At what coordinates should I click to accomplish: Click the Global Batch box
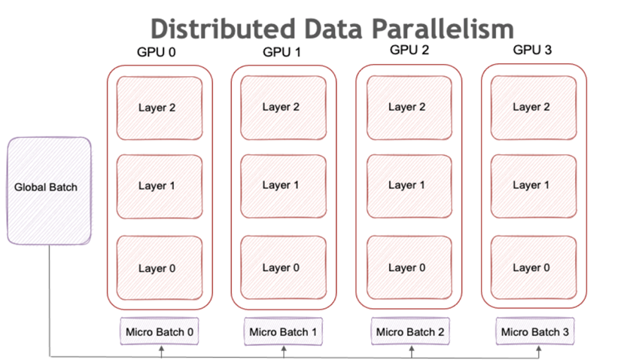pyautogui.click(x=49, y=191)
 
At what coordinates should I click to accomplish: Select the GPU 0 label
pyautogui.click(x=156, y=52)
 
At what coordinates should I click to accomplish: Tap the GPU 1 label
pyautogui.click(x=282, y=52)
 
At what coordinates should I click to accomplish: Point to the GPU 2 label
pyautogui.click(x=409, y=50)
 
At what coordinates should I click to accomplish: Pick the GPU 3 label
pyautogui.click(x=532, y=50)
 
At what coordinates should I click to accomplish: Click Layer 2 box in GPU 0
pyautogui.click(x=159, y=108)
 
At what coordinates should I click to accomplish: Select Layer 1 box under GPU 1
pyautogui.click(x=283, y=186)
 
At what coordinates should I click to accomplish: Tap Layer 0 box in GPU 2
pyautogui.click(x=409, y=267)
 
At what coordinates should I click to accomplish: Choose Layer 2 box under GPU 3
pyautogui.click(x=534, y=108)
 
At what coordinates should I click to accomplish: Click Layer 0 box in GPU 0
pyautogui.click(x=159, y=268)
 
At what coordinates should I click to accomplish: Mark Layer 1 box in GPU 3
pyautogui.click(x=534, y=186)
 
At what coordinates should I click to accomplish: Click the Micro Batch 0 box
pyautogui.click(x=159, y=331)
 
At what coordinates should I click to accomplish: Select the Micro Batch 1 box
pyautogui.click(x=283, y=331)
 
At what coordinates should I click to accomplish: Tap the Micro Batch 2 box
pyautogui.click(x=410, y=331)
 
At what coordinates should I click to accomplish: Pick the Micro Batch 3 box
pyautogui.click(x=535, y=331)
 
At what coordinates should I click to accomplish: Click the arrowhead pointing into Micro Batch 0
pyautogui.click(x=161, y=349)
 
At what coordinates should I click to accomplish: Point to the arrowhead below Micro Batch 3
pyautogui.click(x=539, y=349)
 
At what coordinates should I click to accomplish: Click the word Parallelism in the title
pyautogui.click(x=443, y=29)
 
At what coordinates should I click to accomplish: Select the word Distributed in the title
pyautogui.click(x=223, y=29)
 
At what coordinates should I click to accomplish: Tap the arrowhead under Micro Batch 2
pyautogui.click(x=412, y=349)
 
